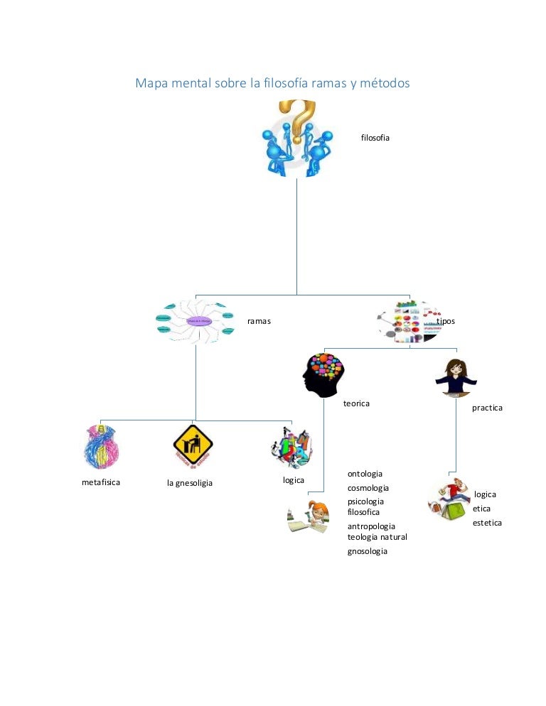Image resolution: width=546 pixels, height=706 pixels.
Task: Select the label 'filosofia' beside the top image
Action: point(375,137)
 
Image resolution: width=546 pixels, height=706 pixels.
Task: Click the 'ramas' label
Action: point(259,322)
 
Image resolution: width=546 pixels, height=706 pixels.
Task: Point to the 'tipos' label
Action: point(446,321)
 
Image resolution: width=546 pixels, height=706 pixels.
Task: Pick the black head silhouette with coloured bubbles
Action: point(323,374)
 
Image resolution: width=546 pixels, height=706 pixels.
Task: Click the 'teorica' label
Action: point(356,403)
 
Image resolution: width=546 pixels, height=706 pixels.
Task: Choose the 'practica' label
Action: point(487,408)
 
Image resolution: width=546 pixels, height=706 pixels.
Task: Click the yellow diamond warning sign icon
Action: point(193,445)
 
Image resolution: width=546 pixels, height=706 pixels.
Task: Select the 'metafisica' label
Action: point(101,482)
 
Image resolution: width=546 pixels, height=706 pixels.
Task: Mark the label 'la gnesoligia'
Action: point(190,484)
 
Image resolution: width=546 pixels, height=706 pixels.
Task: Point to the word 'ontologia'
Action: point(365,474)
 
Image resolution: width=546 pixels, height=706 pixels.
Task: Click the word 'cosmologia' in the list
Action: point(368,488)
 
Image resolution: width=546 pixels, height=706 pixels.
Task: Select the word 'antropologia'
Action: point(371,526)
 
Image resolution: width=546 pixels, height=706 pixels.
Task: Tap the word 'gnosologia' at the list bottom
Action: point(368,551)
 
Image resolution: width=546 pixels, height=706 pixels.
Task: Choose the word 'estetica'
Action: point(487,523)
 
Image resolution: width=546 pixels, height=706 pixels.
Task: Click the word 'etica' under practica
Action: point(481,509)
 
